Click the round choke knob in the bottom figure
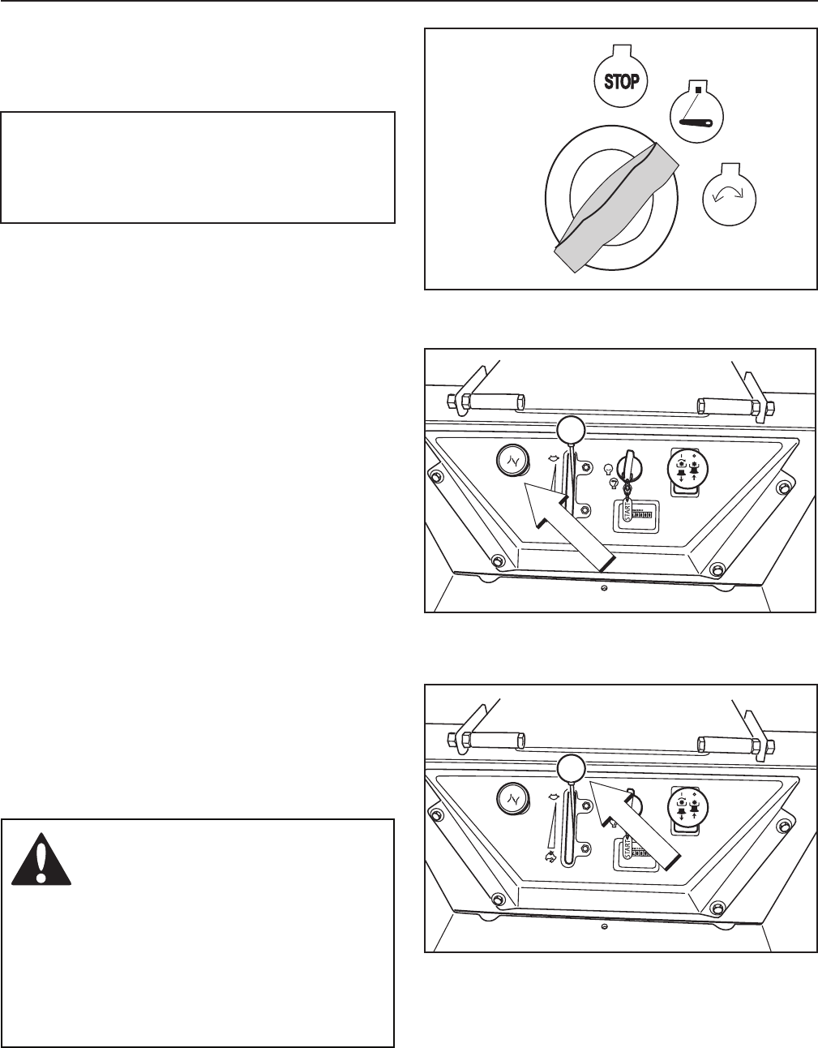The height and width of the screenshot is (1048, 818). pyautogui.click(x=512, y=801)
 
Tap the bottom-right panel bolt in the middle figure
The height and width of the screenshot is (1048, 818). pyautogui.click(x=717, y=569)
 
